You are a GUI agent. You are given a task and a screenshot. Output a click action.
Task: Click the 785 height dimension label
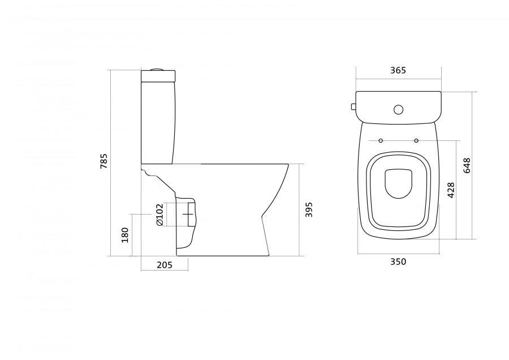coord(104,161)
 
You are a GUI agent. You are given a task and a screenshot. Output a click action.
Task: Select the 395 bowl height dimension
coord(309,209)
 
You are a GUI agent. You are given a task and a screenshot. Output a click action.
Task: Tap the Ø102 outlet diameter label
coord(159,215)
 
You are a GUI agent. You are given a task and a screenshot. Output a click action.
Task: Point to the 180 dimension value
coord(125,235)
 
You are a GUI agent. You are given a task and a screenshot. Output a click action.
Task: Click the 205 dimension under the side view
coord(165,265)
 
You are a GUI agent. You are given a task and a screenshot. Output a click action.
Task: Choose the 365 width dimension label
coord(398,71)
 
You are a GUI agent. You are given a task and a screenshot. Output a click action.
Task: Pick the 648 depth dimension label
coord(467,165)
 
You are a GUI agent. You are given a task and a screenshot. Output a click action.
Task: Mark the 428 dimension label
coord(451,190)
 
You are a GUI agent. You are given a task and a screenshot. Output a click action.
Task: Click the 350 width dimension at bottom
coord(398,262)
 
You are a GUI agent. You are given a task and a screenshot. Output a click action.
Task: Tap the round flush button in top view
coord(398,109)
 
